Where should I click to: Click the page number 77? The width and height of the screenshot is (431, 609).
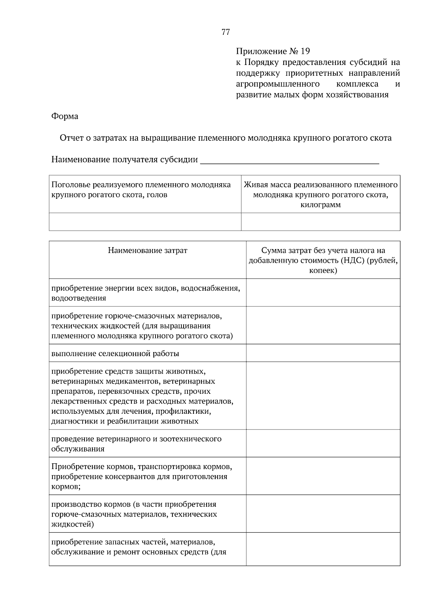(226, 32)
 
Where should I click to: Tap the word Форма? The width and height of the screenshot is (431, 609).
(65, 116)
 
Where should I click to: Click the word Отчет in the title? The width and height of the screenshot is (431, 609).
(71, 138)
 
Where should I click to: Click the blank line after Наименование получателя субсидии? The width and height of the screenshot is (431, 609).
(289, 160)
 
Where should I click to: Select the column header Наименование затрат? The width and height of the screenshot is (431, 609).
(147, 250)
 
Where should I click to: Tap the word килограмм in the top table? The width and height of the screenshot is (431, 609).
(320, 205)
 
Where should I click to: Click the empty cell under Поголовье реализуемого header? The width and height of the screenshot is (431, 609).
(145, 221)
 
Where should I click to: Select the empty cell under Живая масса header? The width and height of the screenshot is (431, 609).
(320, 221)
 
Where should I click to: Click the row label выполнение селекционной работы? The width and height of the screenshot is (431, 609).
(115, 353)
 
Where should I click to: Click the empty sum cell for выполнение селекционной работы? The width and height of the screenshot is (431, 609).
(323, 353)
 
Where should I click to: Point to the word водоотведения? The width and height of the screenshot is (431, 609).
(79, 298)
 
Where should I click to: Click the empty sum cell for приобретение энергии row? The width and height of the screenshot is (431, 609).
(323, 293)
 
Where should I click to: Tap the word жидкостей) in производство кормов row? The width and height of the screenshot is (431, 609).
(73, 524)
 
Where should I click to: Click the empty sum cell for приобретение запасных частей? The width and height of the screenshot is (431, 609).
(323, 549)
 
